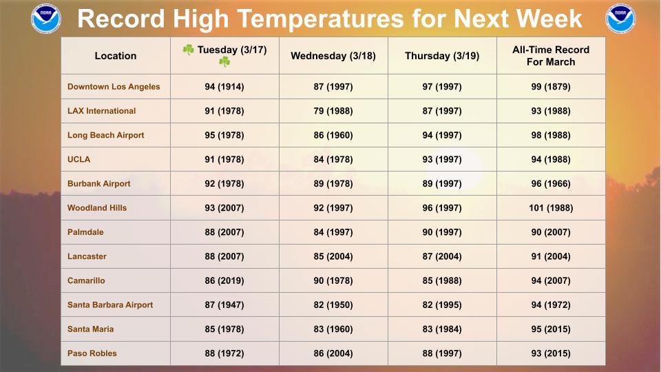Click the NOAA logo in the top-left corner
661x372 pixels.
[x=46, y=19]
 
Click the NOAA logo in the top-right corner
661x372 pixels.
[x=620, y=19]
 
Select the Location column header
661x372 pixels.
[x=116, y=56]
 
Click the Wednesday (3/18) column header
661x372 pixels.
[x=333, y=56]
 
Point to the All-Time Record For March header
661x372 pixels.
[x=551, y=56]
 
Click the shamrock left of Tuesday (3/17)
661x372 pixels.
[x=188, y=50]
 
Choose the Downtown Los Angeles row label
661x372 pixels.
[x=114, y=87]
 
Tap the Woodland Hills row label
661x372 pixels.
[x=97, y=208]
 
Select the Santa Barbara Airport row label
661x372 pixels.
[x=110, y=304]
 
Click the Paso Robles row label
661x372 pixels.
[x=92, y=353]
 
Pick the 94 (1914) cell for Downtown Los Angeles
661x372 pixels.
[x=224, y=87]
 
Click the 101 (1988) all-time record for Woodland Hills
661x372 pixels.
[x=551, y=208]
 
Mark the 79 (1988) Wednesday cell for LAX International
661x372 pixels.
[x=333, y=111]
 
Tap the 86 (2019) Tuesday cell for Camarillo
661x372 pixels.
[x=224, y=280]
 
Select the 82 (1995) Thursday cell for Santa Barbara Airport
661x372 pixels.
[x=442, y=304]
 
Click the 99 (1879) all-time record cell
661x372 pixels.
[x=551, y=87]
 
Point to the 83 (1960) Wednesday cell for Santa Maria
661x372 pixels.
[x=333, y=329]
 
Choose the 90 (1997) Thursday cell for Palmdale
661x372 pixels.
[x=442, y=232]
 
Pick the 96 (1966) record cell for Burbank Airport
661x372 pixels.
[x=551, y=184]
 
